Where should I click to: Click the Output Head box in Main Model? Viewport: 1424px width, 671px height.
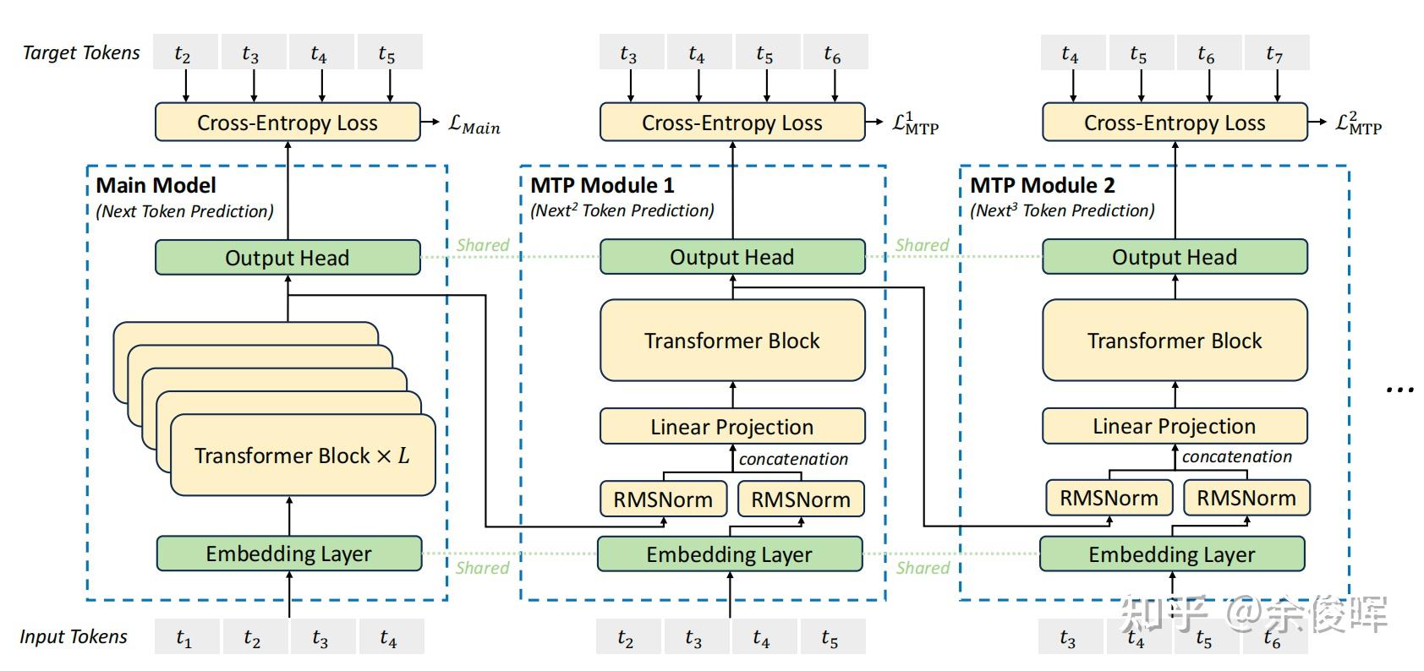(x=288, y=258)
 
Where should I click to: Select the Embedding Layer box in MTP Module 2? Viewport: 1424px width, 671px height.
(x=1171, y=554)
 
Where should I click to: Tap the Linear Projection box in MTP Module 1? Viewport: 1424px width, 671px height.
(x=732, y=427)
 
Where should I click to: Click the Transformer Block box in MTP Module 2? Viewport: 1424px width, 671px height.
(x=1175, y=341)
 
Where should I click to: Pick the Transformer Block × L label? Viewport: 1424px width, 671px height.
(x=302, y=456)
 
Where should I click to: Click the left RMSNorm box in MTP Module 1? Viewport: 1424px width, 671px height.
(x=663, y=499)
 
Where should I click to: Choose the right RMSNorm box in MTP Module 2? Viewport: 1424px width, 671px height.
(x=1246, y=498)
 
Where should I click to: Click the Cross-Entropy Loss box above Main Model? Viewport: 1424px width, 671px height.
(x=288, y=123)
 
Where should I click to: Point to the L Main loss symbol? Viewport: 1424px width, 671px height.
(x=474, y=124)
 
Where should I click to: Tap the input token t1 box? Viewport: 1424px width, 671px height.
(x=185, y=638)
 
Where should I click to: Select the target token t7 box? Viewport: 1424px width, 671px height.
(x=1275, y=54)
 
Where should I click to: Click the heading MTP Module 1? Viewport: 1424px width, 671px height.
(x=602, y=185)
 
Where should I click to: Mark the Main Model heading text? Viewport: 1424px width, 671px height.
(x=156, y=185)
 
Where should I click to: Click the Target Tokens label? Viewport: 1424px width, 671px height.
(x=81, y=52)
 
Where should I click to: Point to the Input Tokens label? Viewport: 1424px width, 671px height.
(x=74, y=636)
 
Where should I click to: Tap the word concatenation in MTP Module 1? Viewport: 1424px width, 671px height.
(x=793, y=459)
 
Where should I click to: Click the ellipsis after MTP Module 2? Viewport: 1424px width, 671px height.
(x=1399, y=390)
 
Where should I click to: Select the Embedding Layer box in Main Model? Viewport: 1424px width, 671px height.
(x=289, y=554)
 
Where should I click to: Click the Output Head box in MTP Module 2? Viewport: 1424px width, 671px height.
(x=1175, y=257)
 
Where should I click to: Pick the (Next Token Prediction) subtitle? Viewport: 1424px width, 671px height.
(x=184, y=211)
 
